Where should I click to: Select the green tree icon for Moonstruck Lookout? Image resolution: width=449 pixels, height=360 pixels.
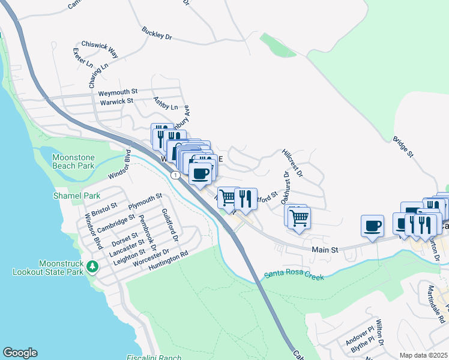pos(92,266)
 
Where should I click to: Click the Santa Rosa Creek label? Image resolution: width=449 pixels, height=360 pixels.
pos(294,277)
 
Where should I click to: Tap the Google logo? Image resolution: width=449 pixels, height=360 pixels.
pos(20,353)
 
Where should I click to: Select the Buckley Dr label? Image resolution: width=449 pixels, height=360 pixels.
pos(157,33)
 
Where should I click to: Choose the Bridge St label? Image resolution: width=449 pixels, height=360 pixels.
pos(403,147)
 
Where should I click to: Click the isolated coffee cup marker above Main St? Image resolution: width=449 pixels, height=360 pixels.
pos(372,226)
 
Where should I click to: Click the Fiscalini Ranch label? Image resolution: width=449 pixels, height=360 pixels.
pos(154,358)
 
